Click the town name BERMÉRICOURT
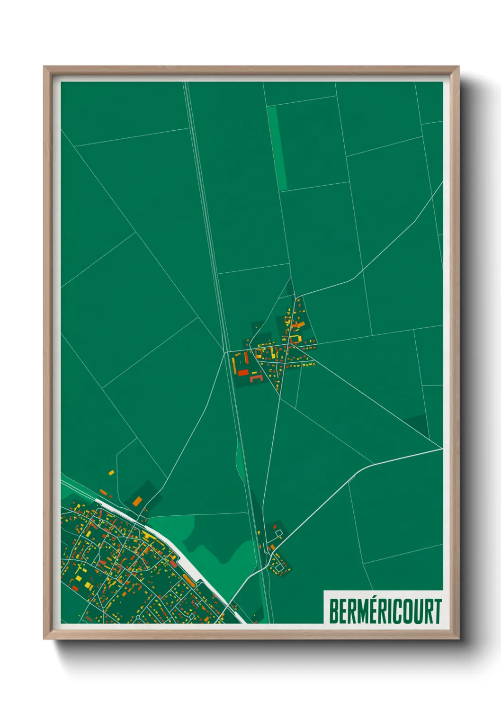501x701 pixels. point(385,611)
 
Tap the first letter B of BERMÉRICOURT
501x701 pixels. point(333,611)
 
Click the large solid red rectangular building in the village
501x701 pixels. point(242,372)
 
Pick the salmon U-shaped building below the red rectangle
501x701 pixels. point(256,378)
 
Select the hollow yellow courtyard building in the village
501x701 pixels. point(295,339)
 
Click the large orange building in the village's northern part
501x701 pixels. point(298,324)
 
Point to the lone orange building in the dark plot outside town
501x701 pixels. point(137,501)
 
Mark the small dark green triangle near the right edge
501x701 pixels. point(420,424)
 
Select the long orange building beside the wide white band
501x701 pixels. point(188,579)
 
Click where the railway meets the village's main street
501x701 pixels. point(226,352)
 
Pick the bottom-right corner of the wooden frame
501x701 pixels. point(458,638)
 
